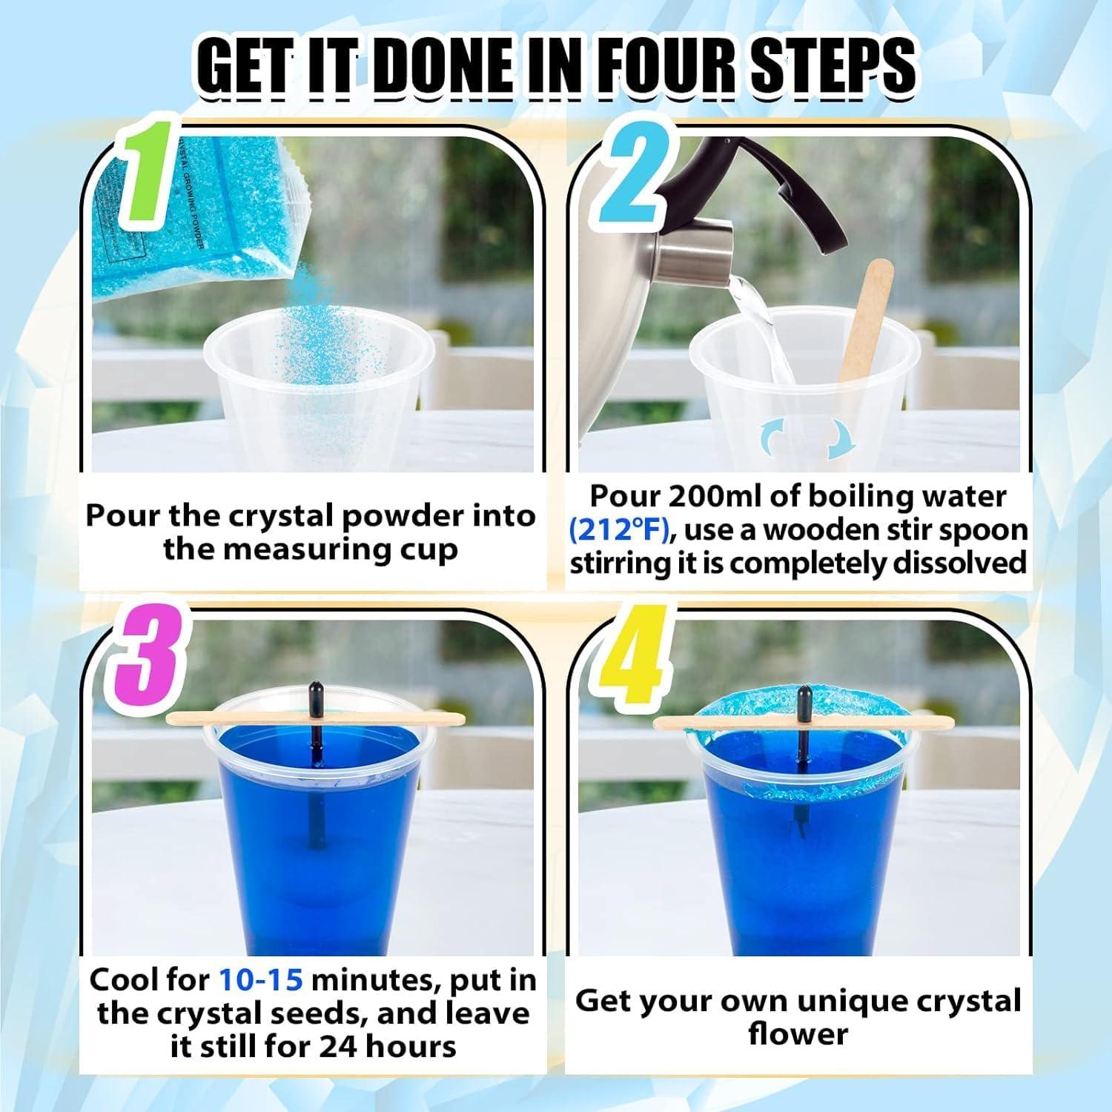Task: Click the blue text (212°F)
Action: [620, 531]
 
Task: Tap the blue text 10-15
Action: [261, 980]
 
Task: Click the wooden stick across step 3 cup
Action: [315, 718]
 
